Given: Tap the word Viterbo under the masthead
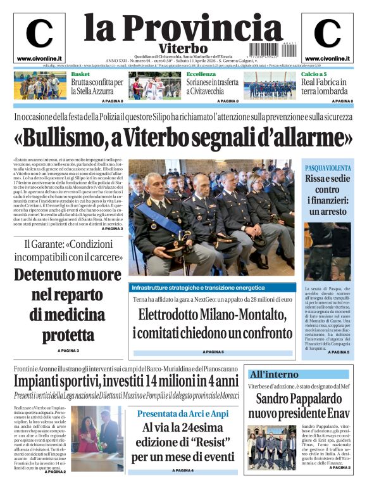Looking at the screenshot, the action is tap(183, 48).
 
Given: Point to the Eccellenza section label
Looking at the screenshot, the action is tap(201, 74).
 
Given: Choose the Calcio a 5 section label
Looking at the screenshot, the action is tap(314, 74).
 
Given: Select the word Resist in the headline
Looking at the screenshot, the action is tap(208, 442).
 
